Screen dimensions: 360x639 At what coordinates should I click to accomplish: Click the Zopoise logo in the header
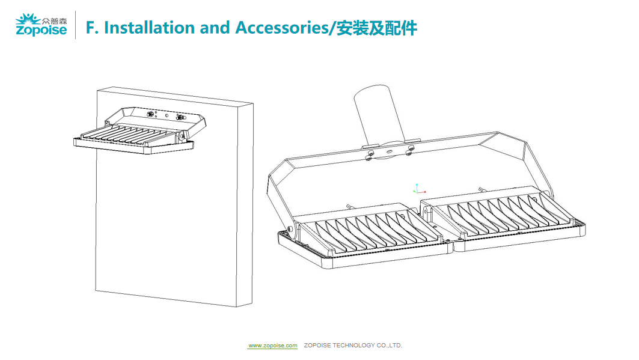coord(41,25)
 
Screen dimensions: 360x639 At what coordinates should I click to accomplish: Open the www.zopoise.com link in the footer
coord(273,346)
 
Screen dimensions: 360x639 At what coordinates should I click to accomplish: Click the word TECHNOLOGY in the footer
coord(352,346)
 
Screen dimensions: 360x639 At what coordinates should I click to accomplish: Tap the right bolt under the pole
coord(411,148)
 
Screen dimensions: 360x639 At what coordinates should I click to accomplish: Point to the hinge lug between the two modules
coord(426,212)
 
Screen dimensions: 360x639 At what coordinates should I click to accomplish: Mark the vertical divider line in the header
coord(75,25)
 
